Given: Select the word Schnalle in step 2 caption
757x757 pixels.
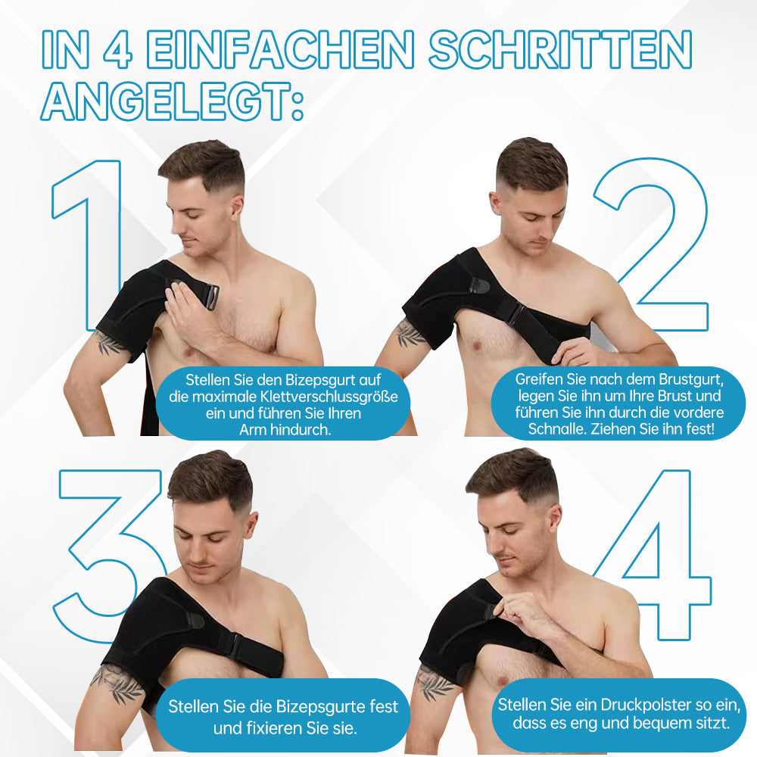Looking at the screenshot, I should pyautogui.click(x=553, y=430).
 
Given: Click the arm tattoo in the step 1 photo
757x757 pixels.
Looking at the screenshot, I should pyautogui.click(x=110, y=343).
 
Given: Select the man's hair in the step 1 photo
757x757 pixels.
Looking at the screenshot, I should pyautogui.click(x=201, y=163).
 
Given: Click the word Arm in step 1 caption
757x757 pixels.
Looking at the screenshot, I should pyautogui.click(x=254, y=430).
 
